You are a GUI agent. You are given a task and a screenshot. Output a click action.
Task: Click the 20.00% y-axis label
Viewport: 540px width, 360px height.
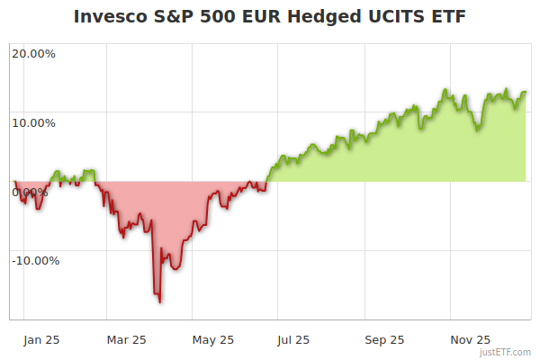click(33, 53)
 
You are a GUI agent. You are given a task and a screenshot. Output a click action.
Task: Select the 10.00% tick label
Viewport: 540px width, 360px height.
click(33, 122)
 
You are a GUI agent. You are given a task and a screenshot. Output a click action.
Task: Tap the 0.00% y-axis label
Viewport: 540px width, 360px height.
click(30, 192)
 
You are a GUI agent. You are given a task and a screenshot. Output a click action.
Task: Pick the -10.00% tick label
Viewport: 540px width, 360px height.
click(35, 261)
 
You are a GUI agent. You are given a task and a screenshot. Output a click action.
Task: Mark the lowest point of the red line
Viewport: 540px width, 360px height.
click(160, 301)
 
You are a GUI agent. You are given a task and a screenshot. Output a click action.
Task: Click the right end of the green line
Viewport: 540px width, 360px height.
click(526, 92)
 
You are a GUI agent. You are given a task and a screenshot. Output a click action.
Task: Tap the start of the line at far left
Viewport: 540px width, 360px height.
click(14, 182)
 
